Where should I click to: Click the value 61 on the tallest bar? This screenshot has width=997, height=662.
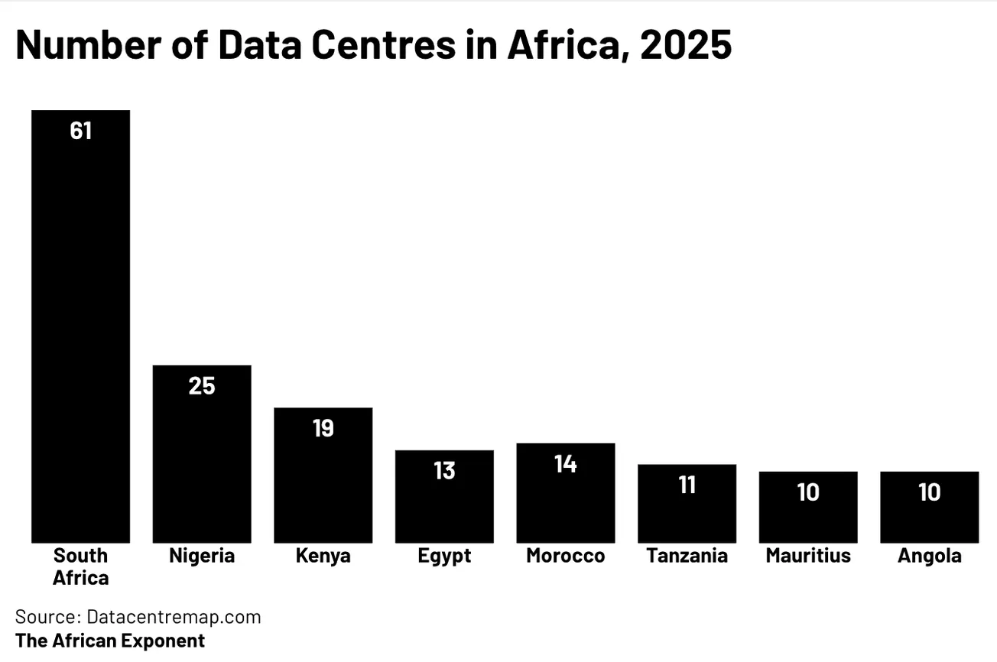pos(80,131)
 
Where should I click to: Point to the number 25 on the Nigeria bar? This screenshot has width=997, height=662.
pos(202,386)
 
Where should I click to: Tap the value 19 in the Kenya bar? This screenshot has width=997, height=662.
pos(323,429)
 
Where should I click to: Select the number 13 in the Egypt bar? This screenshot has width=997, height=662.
pos(444,471)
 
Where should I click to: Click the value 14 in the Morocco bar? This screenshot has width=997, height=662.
pos(565,464)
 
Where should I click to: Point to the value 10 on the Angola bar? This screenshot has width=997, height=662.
pos(929,492)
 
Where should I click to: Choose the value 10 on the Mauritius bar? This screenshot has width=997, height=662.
pos(808,492)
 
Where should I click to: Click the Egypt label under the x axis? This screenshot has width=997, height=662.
pos(444,556)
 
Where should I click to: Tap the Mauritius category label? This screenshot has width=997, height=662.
pos(808,556)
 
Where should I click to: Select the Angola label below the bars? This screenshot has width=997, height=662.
pos(929,556)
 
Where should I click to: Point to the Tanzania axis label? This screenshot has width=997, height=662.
pos(687,556)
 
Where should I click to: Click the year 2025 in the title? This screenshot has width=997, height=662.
pos(686,46)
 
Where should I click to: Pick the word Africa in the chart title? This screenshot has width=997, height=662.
pos(567,46)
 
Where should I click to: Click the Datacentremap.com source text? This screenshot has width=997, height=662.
pos(174,617)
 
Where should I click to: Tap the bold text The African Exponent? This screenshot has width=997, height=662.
pos(110,641)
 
